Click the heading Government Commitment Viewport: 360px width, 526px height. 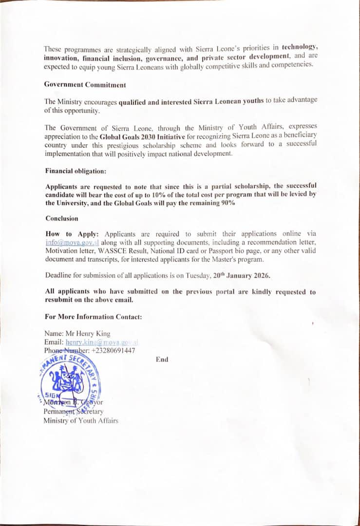[85, 84]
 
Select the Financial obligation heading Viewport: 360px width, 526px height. [76, 171]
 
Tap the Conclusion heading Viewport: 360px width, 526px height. [62, 218]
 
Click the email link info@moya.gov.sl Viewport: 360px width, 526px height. [72, 242]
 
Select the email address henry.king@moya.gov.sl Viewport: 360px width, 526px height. [102, 342]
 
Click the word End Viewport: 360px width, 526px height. [162, 359]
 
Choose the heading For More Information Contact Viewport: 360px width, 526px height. [94, 317]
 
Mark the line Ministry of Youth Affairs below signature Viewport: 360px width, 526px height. [81, 421]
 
